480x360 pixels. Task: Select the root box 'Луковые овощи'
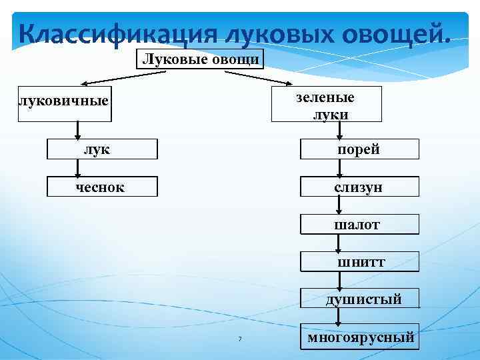(201, 60)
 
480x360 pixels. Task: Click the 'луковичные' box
(64, 103)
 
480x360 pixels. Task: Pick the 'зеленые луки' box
(327, 105)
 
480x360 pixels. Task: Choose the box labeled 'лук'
(102, 149)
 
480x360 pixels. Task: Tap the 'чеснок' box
(102, 187)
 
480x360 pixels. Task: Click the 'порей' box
(359, 149)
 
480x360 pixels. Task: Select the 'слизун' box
(359, 187)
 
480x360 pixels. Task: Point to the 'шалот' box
(359, 225)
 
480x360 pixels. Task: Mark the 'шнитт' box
(359, 262)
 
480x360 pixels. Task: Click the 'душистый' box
(359, 299)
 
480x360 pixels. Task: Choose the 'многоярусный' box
(360, 338)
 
